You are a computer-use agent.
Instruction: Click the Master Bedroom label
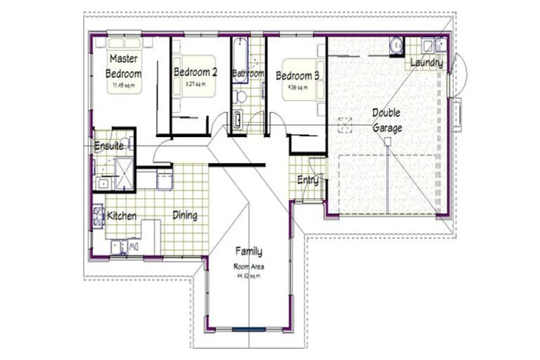[x=124, y=66]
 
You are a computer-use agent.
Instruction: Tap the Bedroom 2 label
[x=195, y=72]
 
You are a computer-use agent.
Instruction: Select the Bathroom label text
[x=248, y=73]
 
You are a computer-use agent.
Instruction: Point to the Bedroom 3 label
[x=298, y=76]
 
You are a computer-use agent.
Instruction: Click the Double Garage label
[x=387, y=120]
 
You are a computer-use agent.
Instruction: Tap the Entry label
[x=307, y=180]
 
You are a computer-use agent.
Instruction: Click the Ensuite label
[x=109, y=146]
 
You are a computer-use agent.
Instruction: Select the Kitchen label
[x=122, y=216]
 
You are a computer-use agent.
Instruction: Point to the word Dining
[x=185, y=216]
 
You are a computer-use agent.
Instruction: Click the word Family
[x=248, y=251]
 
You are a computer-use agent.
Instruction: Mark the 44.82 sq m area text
[x=247, y=276]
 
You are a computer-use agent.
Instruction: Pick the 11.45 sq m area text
[x=123, y=86]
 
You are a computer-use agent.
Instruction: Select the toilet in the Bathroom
[x=241, y=96]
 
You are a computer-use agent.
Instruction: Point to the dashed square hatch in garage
[x=345, y=125]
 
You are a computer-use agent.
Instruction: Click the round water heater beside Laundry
[x=397, y=45]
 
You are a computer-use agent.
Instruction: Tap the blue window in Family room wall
[x=249, y=329]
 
